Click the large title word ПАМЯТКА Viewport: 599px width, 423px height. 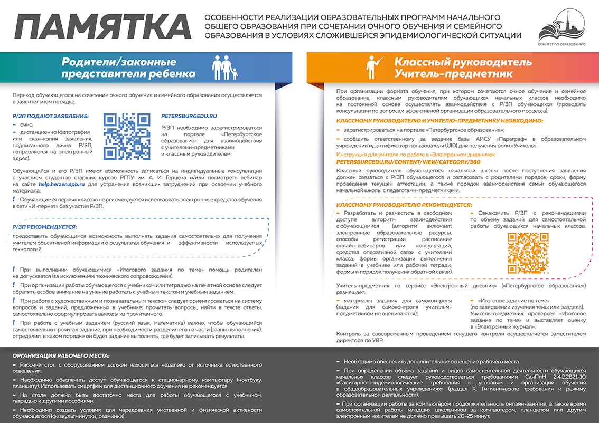click(102, 27)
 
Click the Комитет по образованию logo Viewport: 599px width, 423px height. click(561, 27)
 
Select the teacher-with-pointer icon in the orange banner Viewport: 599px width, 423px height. click(373, 66)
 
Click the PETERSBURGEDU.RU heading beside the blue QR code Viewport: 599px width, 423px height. click(190, 116)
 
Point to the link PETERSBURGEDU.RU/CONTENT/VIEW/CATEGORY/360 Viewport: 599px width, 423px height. click(408, 162)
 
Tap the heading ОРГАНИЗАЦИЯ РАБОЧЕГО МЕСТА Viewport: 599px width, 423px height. click(61, 355)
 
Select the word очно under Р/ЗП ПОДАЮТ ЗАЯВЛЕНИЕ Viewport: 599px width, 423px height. click(25, 124)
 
